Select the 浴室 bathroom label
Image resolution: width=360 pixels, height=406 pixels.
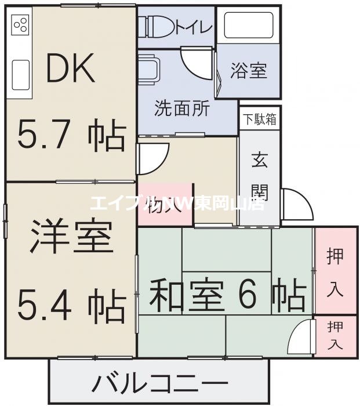249,72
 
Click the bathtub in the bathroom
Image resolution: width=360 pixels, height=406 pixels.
248,26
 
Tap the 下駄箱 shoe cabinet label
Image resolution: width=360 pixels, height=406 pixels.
259,119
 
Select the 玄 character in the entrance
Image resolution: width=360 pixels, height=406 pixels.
259,160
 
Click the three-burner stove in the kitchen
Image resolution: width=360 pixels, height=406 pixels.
20,24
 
